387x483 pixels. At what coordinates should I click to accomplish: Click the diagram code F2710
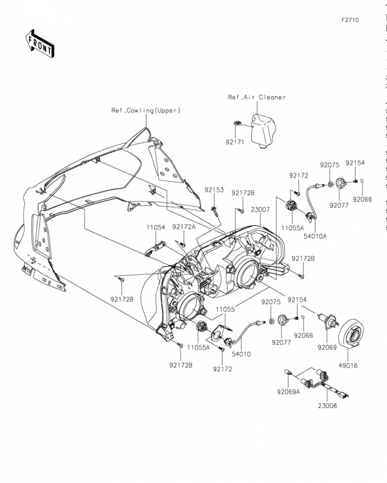350,20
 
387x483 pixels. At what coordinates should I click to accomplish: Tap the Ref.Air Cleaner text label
257,97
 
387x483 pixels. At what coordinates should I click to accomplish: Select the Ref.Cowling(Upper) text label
146,110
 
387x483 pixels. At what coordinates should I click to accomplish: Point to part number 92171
235,142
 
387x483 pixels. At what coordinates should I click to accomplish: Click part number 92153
214,190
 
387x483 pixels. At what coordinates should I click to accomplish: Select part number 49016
348,366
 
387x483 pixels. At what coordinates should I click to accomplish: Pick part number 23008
328,406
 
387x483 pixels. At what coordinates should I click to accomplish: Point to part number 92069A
289,392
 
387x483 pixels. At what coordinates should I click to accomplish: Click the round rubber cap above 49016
351,335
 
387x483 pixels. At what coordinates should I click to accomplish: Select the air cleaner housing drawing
263,132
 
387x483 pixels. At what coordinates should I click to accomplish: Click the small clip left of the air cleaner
236,123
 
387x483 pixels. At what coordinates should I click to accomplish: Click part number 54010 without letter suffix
241,354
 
